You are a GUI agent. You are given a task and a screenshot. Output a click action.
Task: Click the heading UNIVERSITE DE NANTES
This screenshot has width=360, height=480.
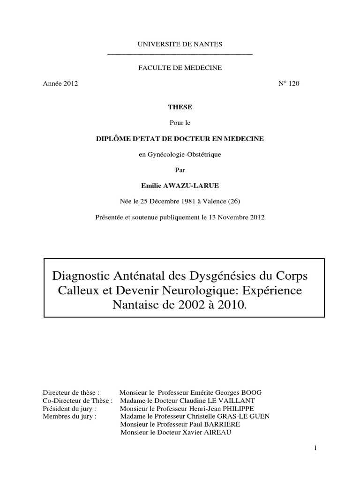pos(180,44)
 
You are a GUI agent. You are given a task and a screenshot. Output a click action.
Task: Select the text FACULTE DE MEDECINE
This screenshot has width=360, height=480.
pos(180,68)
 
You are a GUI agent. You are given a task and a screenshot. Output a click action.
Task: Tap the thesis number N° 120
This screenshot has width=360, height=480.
pos(289,84)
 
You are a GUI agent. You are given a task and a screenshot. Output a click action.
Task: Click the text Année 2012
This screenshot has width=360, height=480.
pos(60,84)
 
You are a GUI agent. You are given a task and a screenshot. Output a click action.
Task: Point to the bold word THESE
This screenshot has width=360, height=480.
pos(180,107)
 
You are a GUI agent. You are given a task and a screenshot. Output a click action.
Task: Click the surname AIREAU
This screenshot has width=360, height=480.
pos(216,433)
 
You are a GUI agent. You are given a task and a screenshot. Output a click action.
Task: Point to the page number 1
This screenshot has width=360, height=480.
pos(316,448)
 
